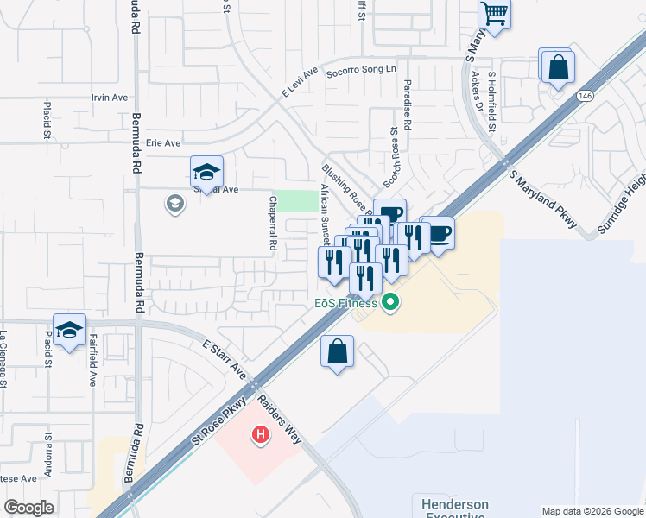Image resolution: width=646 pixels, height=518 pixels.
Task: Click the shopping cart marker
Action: click(x=494, y=14)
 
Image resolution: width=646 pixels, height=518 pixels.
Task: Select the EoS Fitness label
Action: click(x=345, y=303)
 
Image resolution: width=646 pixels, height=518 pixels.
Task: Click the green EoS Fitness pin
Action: click(x=390, y=302)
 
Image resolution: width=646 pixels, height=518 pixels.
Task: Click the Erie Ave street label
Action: click(x=163, y=142)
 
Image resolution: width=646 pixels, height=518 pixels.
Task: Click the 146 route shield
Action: click(x=586, y=95)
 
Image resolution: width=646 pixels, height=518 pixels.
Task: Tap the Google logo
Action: click(x=29, y=508)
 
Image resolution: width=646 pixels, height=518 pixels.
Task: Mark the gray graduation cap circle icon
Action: click(x=174, y=204)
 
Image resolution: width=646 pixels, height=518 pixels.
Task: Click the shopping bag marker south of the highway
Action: click(x=337, y=351)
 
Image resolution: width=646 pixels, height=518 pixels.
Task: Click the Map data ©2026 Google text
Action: click(x=592, y=511)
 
